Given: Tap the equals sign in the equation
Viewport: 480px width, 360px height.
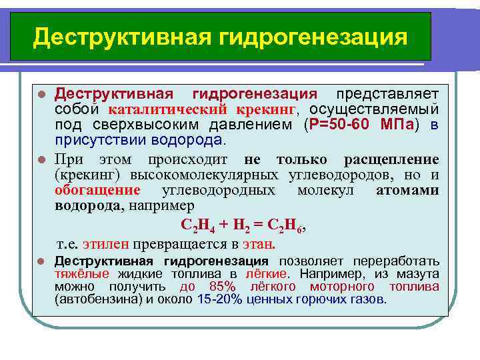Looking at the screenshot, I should pyautogui.click(x=257, y=225).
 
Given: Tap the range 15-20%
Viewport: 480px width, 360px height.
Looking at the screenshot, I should pyautogui.click(x=220, y=299).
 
